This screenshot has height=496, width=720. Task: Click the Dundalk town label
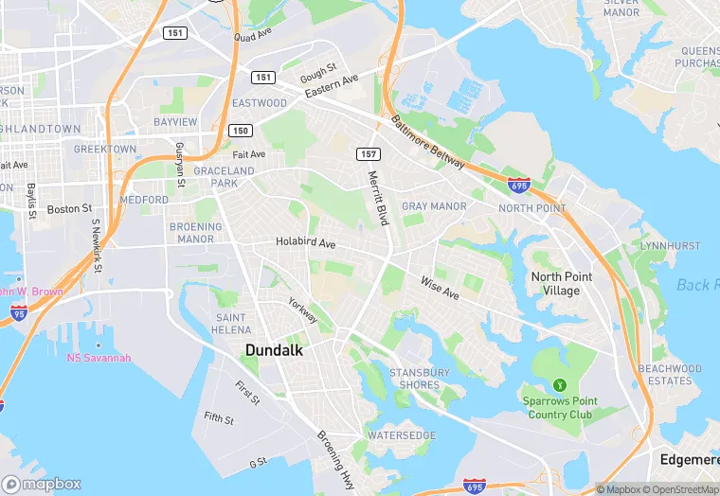275,350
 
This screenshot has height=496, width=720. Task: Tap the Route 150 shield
241,131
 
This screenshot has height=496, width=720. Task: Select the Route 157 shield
369,154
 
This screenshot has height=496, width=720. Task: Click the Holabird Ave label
305,243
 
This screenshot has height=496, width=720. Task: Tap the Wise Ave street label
440,288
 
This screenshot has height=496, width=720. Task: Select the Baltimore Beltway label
428,143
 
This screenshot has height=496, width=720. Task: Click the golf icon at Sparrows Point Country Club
559,385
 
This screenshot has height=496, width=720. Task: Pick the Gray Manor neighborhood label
434,206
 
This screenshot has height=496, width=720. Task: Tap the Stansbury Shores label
420,379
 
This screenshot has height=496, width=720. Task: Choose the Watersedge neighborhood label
402,435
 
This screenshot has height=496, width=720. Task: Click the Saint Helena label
231,324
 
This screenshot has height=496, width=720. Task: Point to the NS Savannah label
99,358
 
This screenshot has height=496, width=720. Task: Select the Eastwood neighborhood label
259,103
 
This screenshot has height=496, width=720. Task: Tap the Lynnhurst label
669,246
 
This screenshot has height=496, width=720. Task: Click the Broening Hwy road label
335,460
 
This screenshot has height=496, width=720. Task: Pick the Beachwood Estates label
670,375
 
